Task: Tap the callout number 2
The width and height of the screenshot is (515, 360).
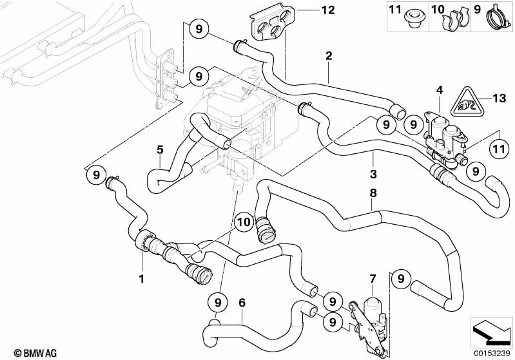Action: (329, 56)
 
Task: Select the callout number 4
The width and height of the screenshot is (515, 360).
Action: (439, 90)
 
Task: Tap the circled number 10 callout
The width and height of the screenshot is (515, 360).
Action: (243, 222)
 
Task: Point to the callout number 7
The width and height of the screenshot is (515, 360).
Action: (372, 278)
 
